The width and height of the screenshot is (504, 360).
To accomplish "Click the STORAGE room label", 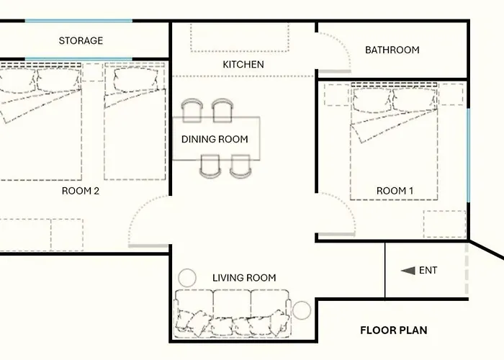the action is pyautogui.click(x=81, y=40).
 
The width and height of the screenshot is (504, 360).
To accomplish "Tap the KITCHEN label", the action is pyautogui.click(x=243, y=64).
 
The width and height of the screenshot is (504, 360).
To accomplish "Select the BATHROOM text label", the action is pyautogui.click(x=392, y=50).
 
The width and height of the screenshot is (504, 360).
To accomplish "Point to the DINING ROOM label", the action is pyautogui.click(x=215, y=139).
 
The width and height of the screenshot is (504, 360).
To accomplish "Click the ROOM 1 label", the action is pyautogui.click(x=395, y=191).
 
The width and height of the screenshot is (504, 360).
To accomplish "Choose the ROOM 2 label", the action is pyautogui.click(x=81, y=191).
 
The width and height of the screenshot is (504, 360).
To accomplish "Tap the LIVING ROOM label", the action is pyautogui.click(x=244, y=278).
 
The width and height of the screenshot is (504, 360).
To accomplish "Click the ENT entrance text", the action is pyautogui.click(x=428, y=270).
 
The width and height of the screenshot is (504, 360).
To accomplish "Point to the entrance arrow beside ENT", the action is pyautogui.click(x=408, y=271).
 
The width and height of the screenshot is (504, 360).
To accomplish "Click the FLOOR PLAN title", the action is pyautogui.click(x=394, y=330).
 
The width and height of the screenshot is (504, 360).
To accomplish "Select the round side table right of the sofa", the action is pyautogui.click(x=302, y=310).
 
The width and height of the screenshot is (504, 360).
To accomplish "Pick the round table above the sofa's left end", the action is pyautogui.click(x=187, y=278).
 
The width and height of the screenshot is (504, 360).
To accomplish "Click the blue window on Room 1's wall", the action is pyautogui.click(x=468, y=156).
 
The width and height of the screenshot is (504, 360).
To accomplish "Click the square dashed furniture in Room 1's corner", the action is pyautogui.click(x=444, y=225).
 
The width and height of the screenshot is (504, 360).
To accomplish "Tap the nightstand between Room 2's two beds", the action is pyautogui.click(x=93, y=72).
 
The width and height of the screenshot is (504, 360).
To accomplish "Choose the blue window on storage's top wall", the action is pyautogui.click(x=78, y=21).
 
